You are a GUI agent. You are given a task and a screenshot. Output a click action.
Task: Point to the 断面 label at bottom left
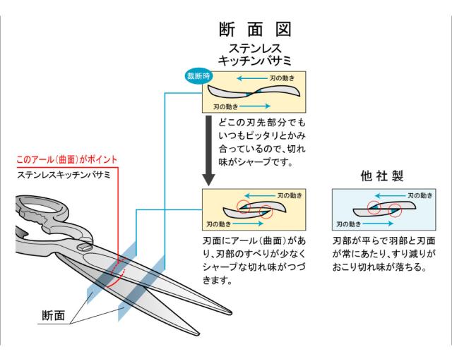(52, 314)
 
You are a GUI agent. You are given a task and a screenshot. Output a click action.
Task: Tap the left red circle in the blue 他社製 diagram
(373, 210)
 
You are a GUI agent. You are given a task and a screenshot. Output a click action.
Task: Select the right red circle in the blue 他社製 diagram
(394, 209)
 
